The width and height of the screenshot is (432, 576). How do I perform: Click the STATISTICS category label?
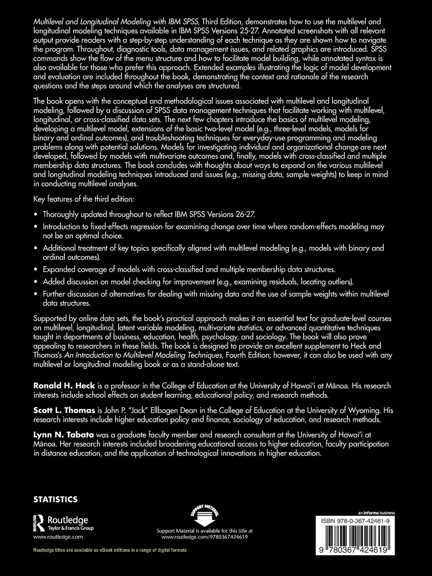[x=55, y=499]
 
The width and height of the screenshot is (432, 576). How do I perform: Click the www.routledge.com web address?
[x=58, y=537]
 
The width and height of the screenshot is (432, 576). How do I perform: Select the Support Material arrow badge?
[x=205, y=515]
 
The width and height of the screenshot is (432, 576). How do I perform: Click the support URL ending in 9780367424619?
[x=205, y=537]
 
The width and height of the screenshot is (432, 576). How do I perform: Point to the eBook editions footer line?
[x=110, y=550]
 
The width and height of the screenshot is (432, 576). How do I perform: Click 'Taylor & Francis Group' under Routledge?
[x=70, y=528]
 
